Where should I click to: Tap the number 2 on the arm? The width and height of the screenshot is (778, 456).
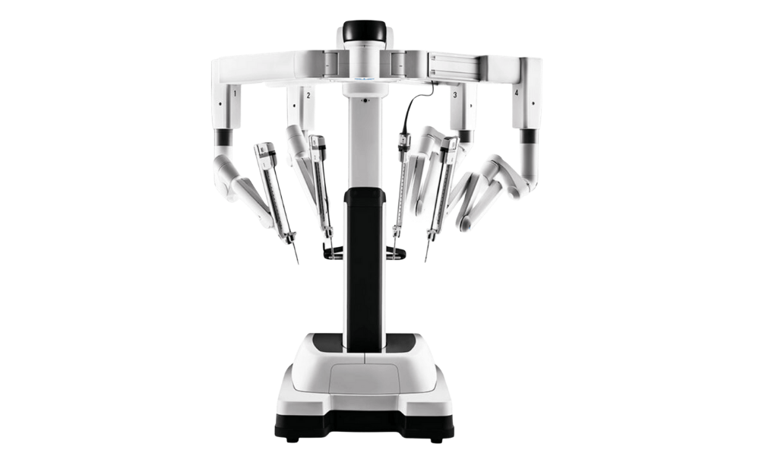[x=308, y=95]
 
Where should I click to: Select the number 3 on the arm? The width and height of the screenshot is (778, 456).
[x=454, y=94]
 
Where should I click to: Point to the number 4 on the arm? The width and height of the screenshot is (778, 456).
[x=517, y=92]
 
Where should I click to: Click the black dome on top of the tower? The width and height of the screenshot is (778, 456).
[x=364, y=30]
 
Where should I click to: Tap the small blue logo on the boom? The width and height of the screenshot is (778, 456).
[x=364, y=78]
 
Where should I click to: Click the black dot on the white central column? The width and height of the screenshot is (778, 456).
[x=365, y=100]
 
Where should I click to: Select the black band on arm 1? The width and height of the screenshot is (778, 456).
[x=224, y=137]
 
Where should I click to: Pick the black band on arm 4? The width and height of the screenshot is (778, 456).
[x=530, y=136]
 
